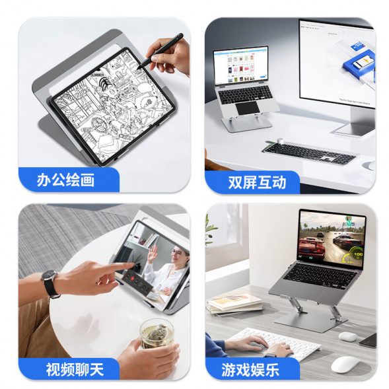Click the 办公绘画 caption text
pyautogui.click(x=66, y=180)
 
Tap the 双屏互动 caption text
pyautogui.click(x=257, y=182)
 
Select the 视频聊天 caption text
pyautogui.click(x=75, y=369)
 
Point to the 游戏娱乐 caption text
pyautogui.click(x=250, y=370)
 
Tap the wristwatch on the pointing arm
pyautogui.click(x=51, y=283)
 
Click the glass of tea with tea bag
pyautogui.click(x=157, y=334)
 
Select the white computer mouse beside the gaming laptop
pyautogui.click(x=345, y=364)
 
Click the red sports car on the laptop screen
pyautogui.click(x=312, y=247)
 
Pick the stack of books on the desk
pyautogui.click(x=234, y=304)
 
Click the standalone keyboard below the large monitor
pyautogui.click(x=309, y=152)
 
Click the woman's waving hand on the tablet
pyautogui.click(x=153, y=254)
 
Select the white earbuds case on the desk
pyautogui.click(x=348, y=336)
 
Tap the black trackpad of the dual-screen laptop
pyautogui.click(x=247, y=108)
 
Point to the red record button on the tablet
pyautogui.click(x=132, y=278)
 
